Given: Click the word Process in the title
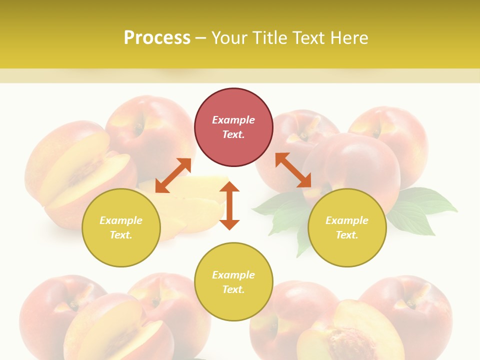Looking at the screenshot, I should [x=157, y=38].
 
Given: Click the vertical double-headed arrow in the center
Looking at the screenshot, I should [x=229, y=205].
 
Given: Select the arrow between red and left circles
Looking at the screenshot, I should [x=173, y=175].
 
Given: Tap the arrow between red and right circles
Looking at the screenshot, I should [x=293, y=170].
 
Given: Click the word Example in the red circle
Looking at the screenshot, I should [x=233, y=120].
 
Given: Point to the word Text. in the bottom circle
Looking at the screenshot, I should [x=233, y=289].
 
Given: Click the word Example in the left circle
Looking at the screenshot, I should [x=121, y=220].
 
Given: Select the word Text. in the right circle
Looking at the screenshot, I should [x=347, y=235].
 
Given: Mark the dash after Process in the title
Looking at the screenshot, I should [x=200, y=38].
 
